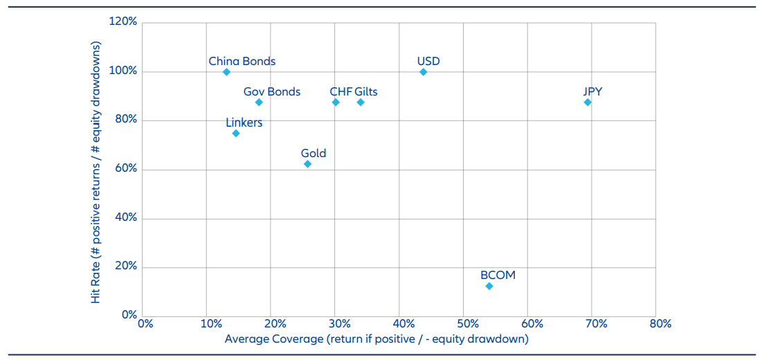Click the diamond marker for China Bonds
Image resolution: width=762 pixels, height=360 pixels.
[226, 72]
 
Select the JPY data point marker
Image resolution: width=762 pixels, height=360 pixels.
[588, 102]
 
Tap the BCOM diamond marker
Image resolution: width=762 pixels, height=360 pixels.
[489, 286]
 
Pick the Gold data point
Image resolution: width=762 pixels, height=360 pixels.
[307, 164]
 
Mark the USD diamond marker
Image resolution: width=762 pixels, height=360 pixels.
[424, 72]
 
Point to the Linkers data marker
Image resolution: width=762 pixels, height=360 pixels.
[236, 133]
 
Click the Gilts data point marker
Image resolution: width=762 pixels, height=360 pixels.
[361, 102]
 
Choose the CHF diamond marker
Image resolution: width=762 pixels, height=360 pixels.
[336, 102]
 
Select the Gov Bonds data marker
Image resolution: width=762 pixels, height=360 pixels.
[259, 102]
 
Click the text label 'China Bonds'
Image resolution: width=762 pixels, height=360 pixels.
[242, 61]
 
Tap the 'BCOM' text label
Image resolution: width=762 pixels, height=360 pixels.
[498, 275]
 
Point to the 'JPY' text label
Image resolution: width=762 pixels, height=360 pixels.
[592, 91]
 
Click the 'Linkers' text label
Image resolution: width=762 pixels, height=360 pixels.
[244, 123]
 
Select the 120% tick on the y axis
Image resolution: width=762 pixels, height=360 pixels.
[123, 22]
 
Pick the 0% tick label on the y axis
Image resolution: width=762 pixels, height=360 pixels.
[129, 315]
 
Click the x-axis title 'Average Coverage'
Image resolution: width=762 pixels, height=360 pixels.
[377, 339]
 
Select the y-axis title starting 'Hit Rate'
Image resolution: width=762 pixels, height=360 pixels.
[96, 170]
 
